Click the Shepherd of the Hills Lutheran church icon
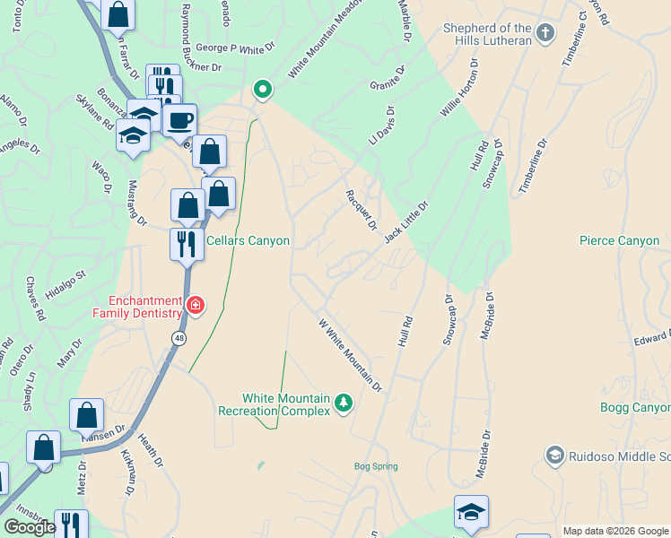(x=544, y=35)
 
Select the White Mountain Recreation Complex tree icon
(x=343, y=404)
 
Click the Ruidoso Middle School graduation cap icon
(x=554, y=456)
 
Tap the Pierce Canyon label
(x=619, y=241)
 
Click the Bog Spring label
(x=375, y=466)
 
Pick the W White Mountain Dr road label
(x=351, y=355)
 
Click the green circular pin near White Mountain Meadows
(x=262, y=89)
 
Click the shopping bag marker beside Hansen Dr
(x=87, y=415)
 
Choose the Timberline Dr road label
(x=531, y=166)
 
